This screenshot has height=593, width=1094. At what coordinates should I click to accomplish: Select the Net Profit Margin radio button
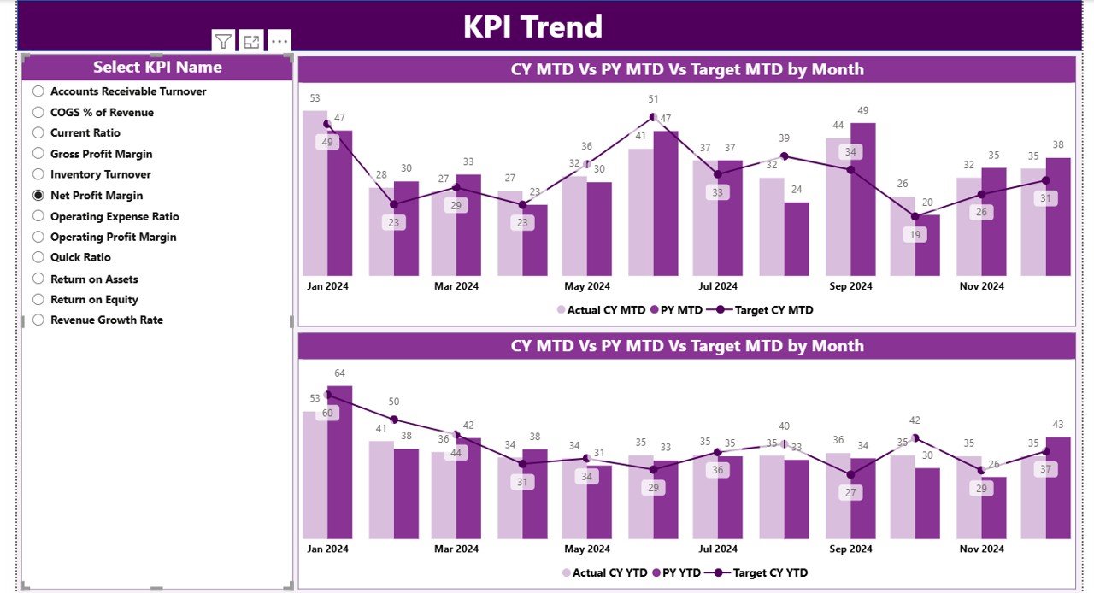pyautogui.click(x=38, y=196)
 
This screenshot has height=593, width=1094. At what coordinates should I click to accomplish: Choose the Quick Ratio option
pyautogui.click(x=38, y=257)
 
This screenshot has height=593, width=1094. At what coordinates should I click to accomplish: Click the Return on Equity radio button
pyautogui.click(x=38, y=300)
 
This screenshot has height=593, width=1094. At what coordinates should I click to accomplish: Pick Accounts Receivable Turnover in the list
pyautogui.click(x=38, y=91)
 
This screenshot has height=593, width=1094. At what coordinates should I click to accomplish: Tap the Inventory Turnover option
pyautogui.click(x=38, y=174)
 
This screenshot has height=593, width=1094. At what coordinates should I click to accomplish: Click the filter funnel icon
pyautogui.click(x=223, y=41)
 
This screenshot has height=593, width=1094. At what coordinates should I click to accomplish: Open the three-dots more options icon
pyautogui.click(x=279, y=41)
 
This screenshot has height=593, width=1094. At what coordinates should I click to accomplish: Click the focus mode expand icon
pyautogui.click(x=251, y=41)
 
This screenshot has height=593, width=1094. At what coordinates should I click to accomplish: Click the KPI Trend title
pyautogui.click(x=532, y=26)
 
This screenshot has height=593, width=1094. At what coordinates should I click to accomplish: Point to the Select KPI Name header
pyautogui.click(x=157, y=68)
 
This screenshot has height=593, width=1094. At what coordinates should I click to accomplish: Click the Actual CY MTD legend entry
pyautogui.click(x=599, y=310)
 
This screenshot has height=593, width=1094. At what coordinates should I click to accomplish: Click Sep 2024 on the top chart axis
pyautogui.click(x=850, y=286)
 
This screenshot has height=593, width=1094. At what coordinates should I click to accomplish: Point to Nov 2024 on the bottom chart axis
pyautogui.click(x=981, y=549)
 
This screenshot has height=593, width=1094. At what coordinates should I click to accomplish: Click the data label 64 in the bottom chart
pyautogui.click(x=339, y=373)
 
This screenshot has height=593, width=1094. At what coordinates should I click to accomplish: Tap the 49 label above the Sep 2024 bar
pyautogui.click(x=862, y=110)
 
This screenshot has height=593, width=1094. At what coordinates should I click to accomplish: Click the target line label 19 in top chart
pyautogui.click(x=915, y=235)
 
